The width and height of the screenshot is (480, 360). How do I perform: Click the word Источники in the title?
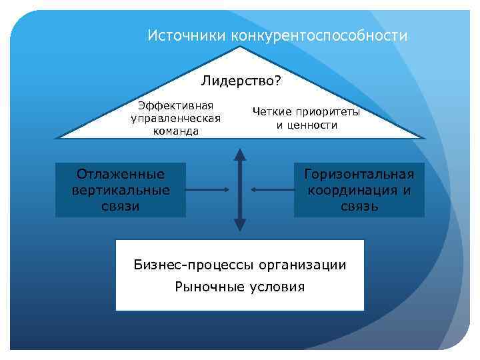[x=187, y=35]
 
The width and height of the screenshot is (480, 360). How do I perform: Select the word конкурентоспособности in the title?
[x=319, y=35]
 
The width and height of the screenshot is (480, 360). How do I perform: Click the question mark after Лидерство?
[x=277, y=82]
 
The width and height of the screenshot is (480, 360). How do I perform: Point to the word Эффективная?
[x=175, y=105]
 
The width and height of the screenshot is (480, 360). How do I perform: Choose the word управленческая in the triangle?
[x=175, y=118]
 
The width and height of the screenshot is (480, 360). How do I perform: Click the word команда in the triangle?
[x=175, y=131]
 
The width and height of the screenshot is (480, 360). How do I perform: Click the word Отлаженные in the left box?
[x=121, y=175]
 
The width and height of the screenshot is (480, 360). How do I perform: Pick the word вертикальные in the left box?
[x=121, y=190]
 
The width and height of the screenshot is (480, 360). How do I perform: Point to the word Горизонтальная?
[x=359, y=175]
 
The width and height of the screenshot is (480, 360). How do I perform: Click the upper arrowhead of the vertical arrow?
[x=240, y=154]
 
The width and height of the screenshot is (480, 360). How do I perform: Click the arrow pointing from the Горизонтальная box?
[x=270, y=191]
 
